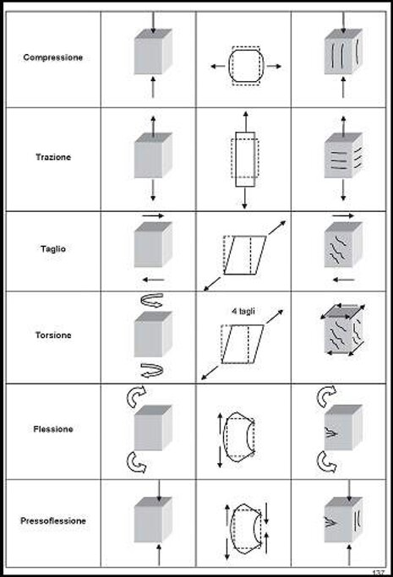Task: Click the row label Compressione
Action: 53,57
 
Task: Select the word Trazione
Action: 53,157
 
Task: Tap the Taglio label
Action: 53,249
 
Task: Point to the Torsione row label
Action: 53,335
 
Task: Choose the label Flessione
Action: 53,429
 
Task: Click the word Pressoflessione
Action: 53,521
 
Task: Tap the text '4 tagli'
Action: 243,312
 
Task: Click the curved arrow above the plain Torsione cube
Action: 152,300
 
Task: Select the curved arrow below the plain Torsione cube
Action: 152,370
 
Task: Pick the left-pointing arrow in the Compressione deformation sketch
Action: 217,67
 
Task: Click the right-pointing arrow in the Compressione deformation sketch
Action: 274,66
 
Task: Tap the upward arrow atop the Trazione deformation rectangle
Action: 245,121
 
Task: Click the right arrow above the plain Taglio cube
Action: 153,215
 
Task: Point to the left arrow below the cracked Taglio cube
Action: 343,280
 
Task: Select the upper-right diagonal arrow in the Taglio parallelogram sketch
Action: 277,228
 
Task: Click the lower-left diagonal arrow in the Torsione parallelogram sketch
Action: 210,373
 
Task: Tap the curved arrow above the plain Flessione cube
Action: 136,396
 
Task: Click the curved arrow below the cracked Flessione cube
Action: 327,463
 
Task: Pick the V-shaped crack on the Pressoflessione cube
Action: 331,522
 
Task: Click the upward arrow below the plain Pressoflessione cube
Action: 159,555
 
